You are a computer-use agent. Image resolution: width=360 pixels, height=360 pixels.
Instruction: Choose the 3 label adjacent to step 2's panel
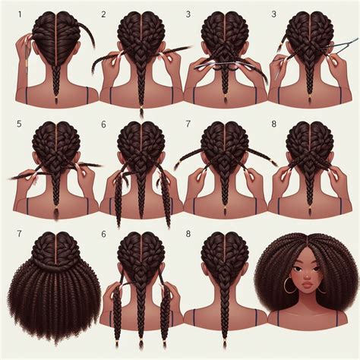pos(188,14)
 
